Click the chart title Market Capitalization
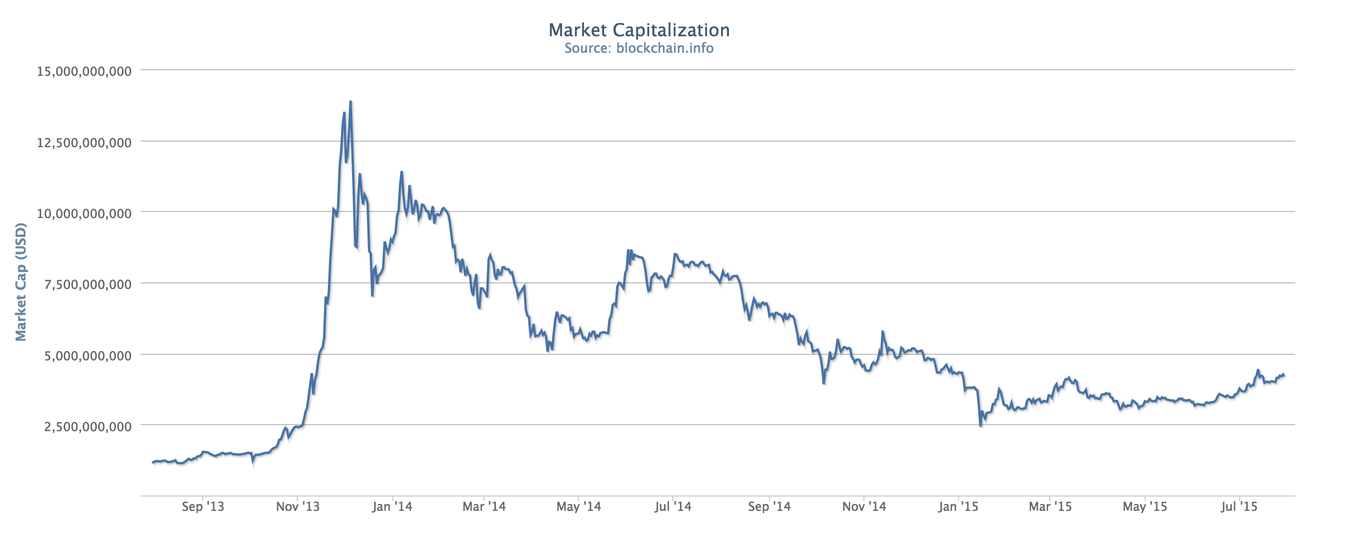click(x=639, y=30)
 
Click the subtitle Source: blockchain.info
click(x=639, y=48)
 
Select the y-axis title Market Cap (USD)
click(x=21, y=282)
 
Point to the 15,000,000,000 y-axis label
click(x=84, y=71)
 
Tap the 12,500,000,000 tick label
click(x=84, y=143)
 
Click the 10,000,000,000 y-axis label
click(x=84, y=213)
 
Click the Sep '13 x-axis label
click(x=203, y=506)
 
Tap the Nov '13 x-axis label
click(x=298, y=506)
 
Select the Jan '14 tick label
click(x=392, y=506)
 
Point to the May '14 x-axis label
click(x=579, y=506)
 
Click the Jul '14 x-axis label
click(x=673, y=506)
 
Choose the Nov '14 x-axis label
click(x=864, y=506)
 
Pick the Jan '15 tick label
click(x=958, y=506)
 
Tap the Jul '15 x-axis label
click(x=1239, y=506)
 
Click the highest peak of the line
click(x=350, y=102)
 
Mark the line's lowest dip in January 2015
click(x=981, y=426)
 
